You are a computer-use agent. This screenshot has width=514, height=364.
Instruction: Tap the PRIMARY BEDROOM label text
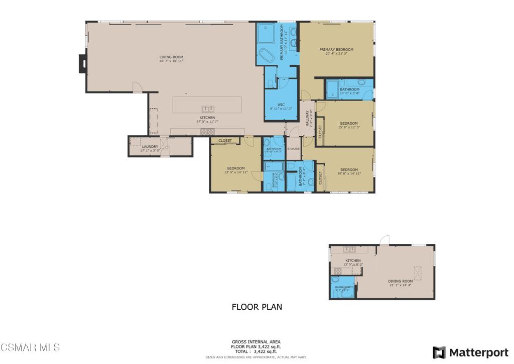[336, 50]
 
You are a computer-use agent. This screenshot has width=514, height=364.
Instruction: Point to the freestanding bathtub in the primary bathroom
[266, 54]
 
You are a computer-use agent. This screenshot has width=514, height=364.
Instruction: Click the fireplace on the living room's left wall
[82, 63]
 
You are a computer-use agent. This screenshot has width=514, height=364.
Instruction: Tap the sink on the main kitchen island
[208, 109]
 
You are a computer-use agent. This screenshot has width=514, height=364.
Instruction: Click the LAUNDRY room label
[150, 147]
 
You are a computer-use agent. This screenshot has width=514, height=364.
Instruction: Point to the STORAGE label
[293, 149]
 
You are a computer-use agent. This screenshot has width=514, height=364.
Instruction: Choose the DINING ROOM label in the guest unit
[400, 281]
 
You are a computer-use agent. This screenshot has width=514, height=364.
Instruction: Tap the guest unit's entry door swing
[384, 240]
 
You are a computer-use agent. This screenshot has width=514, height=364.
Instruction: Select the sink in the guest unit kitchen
[349, 249]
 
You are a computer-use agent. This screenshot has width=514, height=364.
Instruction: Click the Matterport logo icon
[439, 352]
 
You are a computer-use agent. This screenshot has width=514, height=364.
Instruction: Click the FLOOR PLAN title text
[256, 307]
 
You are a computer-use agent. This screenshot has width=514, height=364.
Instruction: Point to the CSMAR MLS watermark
[30, 347]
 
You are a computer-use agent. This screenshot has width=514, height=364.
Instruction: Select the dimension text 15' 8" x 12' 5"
[349, 127]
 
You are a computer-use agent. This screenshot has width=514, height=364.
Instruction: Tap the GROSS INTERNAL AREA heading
[256, 342]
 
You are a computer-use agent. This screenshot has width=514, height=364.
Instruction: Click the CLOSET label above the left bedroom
[225, 141]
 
